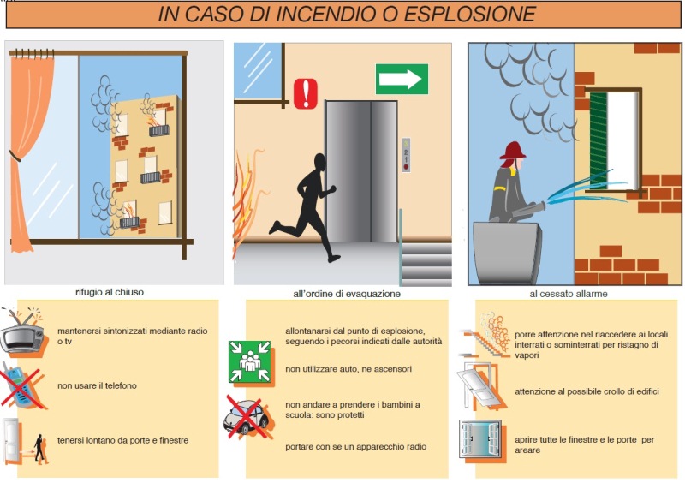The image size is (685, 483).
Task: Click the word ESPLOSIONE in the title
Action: [469, 14]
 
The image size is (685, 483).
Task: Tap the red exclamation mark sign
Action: [306, 93]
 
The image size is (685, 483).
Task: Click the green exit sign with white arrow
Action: [402, 79]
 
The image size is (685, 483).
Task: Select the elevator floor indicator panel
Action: [406, 155]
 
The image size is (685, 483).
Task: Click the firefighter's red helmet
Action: [513, 151]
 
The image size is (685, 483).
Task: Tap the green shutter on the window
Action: [599, 140]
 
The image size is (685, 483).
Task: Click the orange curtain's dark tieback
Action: [15, 156]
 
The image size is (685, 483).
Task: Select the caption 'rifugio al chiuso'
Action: [110, 292]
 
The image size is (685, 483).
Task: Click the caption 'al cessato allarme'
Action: [569, 294]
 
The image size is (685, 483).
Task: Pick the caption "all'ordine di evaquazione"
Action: [347, 294]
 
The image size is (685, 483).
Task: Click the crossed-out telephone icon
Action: [23, 387]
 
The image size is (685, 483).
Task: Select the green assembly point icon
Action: [250, 362]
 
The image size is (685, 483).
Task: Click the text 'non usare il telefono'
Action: [97, 385]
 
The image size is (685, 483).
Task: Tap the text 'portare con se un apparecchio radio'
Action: [355, 447]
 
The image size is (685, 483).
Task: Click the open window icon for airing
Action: [480, 438]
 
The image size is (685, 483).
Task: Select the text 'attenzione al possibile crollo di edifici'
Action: [587, 391]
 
